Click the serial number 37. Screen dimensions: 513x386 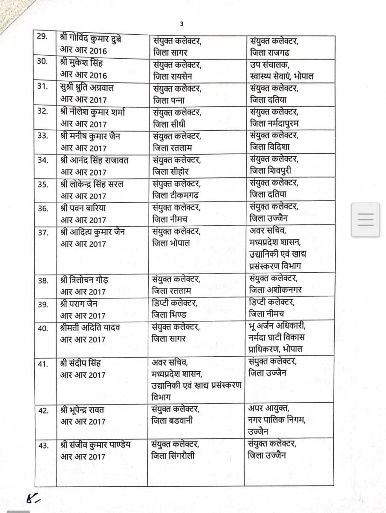pos(43,232)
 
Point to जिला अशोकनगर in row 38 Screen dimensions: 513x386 pos(276,290)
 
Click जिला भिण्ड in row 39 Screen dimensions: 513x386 pos(170,315)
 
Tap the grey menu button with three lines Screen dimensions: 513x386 pos(366,220)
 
